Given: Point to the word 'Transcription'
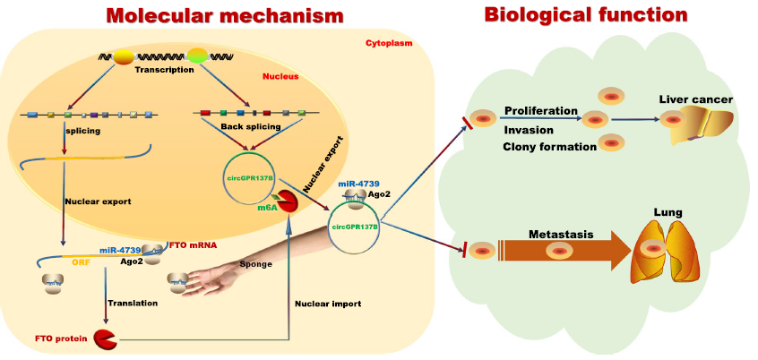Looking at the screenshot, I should click(164, 70).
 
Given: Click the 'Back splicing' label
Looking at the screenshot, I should click(239, 127).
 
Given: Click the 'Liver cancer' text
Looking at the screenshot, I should click(696, 99).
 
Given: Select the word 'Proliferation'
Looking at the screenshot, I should click(540, 111).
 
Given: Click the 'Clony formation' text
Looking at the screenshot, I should click(550, 147).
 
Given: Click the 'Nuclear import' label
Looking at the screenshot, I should click(328, 304).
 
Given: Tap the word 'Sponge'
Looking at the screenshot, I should click(256, 265).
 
